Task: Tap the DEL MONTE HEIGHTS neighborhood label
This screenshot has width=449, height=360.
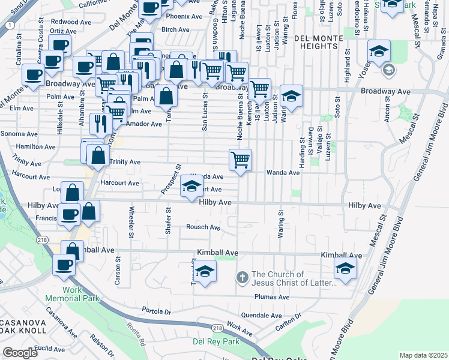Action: point(319,43)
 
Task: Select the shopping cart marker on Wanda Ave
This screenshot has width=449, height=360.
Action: point(240,160)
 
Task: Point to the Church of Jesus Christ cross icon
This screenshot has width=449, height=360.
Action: point(242,277)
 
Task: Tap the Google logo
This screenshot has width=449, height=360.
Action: point(20,353)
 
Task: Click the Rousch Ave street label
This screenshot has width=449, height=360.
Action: point(203,227)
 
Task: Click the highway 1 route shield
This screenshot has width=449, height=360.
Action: point(10,25)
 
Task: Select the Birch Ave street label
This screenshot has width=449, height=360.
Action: point(175,29)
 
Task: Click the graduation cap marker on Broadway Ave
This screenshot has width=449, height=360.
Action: point(291,97)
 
